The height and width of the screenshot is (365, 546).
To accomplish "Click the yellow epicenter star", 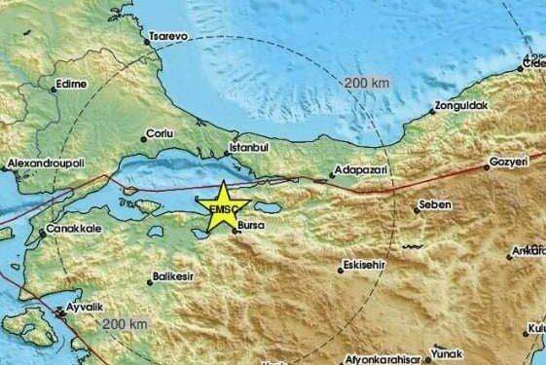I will click(222, 206).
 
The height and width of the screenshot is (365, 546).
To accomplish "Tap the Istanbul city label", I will click(245, 148).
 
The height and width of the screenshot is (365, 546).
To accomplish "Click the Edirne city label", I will click(67, 84).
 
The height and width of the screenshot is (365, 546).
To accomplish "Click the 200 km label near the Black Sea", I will click(366, 84).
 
